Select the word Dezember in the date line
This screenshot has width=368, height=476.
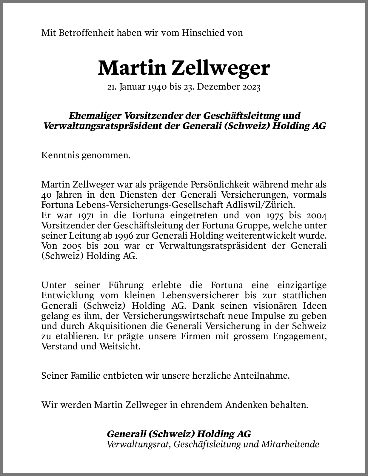click(x=216, y=87)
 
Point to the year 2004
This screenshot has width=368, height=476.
click(x=317, y=215)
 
